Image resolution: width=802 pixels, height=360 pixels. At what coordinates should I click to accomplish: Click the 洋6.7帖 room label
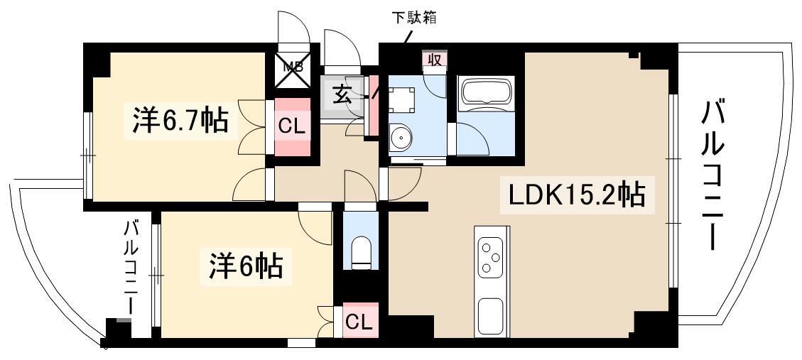click(180, 122)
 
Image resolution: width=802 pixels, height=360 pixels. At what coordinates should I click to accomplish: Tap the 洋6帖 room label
click(245, 267)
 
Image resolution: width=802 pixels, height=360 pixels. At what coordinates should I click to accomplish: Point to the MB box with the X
click(292, 68)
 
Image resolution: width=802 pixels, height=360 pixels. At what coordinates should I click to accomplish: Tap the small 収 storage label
click(435, 60)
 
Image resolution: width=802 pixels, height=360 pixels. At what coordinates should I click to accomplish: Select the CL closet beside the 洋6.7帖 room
click(292, 128)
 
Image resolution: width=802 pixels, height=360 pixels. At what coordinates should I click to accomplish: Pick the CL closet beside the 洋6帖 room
click(359, 322)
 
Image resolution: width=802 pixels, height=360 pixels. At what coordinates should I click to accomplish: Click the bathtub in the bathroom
click(487, 93)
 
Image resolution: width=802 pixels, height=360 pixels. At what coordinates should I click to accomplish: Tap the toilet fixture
click(361, 253)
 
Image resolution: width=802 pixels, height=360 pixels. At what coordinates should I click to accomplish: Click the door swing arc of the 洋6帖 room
click(313, 224)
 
